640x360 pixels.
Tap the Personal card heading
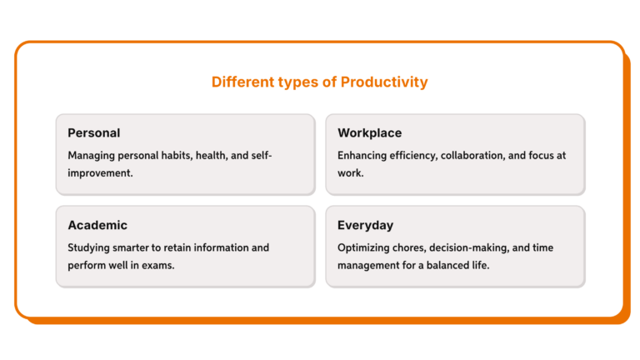pos(94,133)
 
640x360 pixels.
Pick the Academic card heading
pos(97,225)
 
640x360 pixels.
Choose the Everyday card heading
pos(366,225)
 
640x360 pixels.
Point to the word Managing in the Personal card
pos(92,156)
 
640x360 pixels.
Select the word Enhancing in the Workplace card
pos(364,156)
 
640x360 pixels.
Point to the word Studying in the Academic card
pos(90,247)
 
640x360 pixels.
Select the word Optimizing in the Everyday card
pos(366,247)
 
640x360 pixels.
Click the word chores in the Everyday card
pos(417,247)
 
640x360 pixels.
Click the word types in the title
pos(292,82)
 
